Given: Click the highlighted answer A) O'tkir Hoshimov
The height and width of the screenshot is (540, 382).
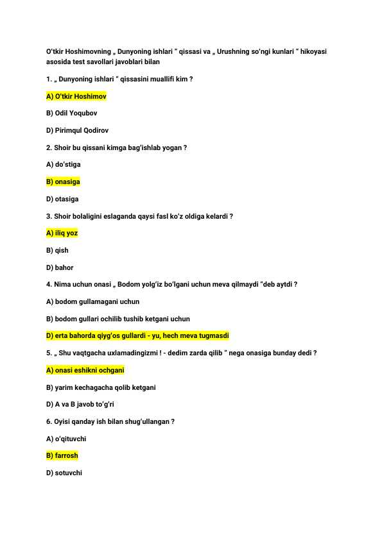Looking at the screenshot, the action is coord(76,96).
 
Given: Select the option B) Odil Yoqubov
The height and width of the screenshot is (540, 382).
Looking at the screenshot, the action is coord(72,114).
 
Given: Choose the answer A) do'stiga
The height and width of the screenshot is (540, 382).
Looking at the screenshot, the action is coord(64,165).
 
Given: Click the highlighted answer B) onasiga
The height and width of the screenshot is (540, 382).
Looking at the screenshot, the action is coord(63,182).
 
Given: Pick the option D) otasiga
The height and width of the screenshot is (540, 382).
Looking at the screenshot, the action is coord(62,199).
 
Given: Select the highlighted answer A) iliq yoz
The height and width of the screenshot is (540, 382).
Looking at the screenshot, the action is coord(62,233).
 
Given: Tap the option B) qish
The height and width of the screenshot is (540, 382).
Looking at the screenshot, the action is coord(57,251).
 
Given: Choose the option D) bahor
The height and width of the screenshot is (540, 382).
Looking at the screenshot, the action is coord(60,267).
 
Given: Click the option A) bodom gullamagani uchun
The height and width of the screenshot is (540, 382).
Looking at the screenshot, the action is coord(92,301).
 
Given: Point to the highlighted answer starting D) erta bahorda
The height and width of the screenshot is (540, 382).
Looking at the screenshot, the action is coord(138,336).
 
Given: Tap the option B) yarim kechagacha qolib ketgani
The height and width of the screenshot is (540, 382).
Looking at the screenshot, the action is coord(101,387).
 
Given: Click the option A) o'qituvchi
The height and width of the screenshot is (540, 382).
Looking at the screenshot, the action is coord(66,439).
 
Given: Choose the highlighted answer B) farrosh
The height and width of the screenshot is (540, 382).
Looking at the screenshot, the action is coord(62,456).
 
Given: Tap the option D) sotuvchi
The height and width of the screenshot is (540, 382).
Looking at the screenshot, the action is coord(64,473).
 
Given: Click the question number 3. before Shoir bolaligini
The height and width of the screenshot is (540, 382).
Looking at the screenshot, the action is coord(49,216).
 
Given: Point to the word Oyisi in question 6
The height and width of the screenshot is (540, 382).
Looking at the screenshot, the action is coord(64,421).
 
